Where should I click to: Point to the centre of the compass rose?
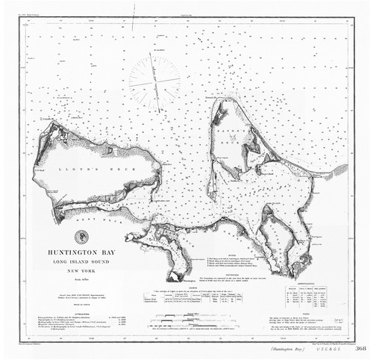(154, 79)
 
